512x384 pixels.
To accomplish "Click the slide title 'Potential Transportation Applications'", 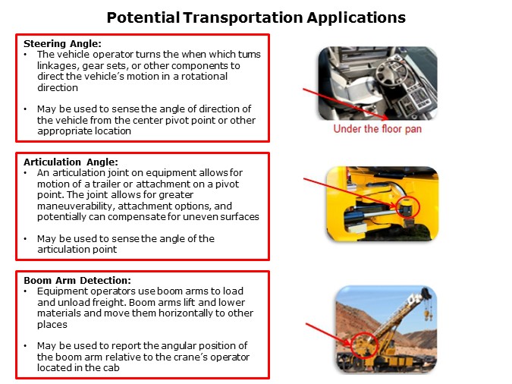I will click(x=256, y=17).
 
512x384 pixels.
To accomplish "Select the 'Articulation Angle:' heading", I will click(x=67, y=162).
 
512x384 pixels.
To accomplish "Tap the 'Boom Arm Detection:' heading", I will click(x=77, y=281).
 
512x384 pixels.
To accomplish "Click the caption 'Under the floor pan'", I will click(x=377, y=129).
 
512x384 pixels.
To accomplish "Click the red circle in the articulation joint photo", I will click(x=409, y=206).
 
